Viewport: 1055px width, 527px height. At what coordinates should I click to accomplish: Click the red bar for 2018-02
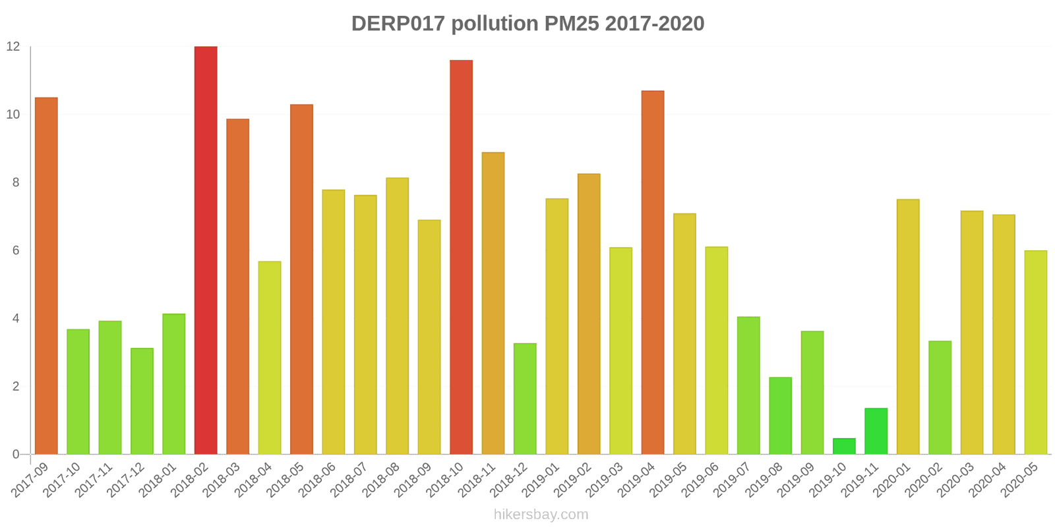(206, 250)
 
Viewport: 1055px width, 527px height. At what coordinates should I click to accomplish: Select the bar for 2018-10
(461, 257)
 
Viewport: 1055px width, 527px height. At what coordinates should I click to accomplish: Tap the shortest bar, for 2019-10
(844, 447)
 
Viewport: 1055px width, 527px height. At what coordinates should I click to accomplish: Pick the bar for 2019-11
(876, 431)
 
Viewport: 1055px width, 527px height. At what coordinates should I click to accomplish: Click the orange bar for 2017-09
(46, 276)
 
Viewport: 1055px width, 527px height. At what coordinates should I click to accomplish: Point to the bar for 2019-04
(653, 273)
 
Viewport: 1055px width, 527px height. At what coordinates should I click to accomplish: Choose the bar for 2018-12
(525, 399)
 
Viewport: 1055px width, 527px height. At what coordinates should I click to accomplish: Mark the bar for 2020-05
(1035, 352)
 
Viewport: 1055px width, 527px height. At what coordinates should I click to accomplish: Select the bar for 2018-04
(270, 358)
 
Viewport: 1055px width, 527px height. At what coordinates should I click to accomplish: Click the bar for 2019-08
(780, 416)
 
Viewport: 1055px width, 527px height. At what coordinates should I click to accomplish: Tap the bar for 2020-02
(940, 397)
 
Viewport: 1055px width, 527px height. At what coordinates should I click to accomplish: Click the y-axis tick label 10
(13, 115)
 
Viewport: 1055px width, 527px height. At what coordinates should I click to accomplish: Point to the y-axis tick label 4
(16, 318)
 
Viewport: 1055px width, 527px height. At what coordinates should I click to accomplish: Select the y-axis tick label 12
(13, 47)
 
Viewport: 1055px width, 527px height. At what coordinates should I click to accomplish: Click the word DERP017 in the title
(398, 24)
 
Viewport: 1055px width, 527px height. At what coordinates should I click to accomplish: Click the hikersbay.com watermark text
(541, 514)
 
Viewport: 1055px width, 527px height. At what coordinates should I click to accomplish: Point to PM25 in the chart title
(571, 24)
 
